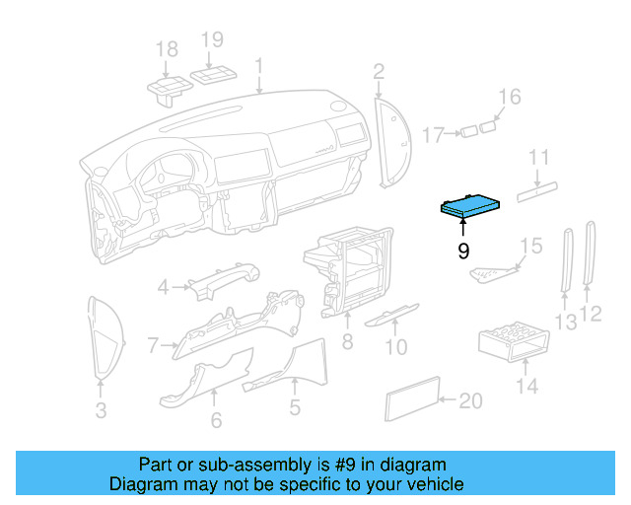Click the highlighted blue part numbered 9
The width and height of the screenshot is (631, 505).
pyautogui.click(x=472, y=204)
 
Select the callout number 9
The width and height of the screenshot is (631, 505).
pyautogui.click(x=463, y=252)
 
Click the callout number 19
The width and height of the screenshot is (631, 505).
pyautogui.click(x=213, y=40)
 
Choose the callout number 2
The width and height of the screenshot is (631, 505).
pyautogui.click(x=379, y=71)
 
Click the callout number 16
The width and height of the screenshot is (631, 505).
pyautogui.click(x=509, y=97)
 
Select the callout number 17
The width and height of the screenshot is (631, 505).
pyautogui.click(x=435, y=133)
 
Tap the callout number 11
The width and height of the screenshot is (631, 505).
pyautogui.click(x=538, y=158)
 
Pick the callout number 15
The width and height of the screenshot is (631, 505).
pyautogui.click(x=530, y=246)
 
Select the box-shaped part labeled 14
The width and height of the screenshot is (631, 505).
pyautogui.click(x=511, y=342)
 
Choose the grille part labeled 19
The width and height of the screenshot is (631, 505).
pyautogui.click(x=213, y=75)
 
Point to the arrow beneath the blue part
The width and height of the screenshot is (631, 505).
pyautogui.click(x=463, y=228)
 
